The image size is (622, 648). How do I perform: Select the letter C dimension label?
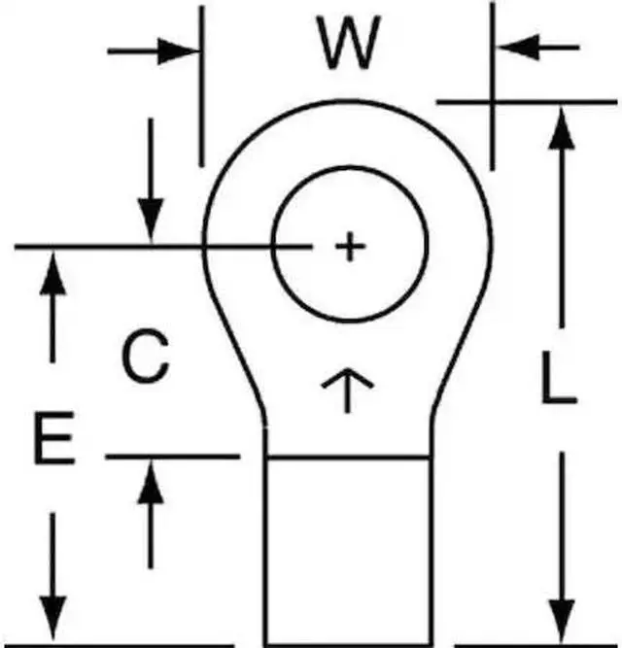pos(146,357)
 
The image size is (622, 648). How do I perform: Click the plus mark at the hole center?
pos(349,247)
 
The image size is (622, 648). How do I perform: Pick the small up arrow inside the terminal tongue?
pos(347,389)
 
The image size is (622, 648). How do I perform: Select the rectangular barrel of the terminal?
pos(347,549)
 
